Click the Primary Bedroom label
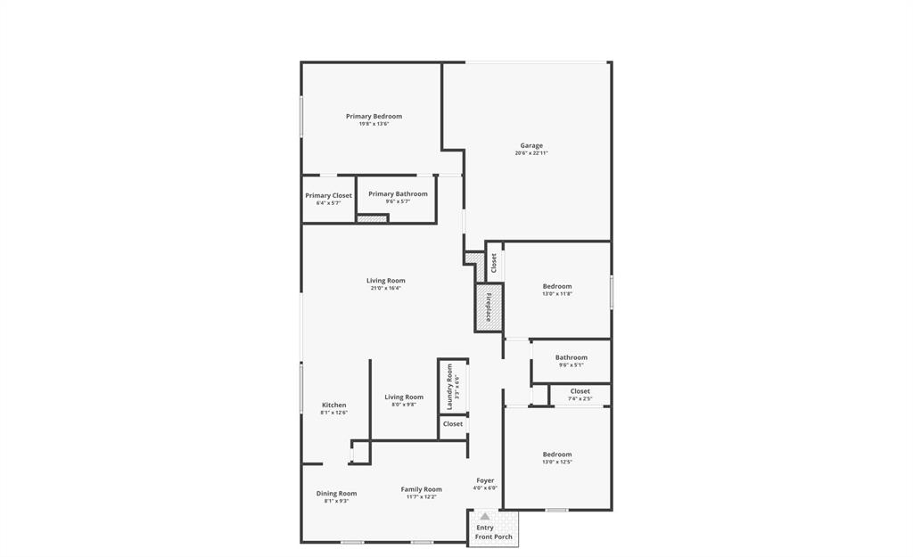pos(374,117)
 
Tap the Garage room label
pos(531,145)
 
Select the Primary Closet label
pos(328,195)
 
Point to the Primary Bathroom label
pos(398,193)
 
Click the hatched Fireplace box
pos(489,307)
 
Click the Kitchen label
pos(333,405)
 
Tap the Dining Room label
pos(336,493)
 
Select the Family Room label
pos(421,489)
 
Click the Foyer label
pos(485,480)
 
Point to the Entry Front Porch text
pos(493,532)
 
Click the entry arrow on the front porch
pos(484,516)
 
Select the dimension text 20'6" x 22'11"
pos(531,153)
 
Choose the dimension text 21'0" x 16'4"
pos(385,288)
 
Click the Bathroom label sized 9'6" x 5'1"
pos(571,357)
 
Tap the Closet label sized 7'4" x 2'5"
pos(580,391)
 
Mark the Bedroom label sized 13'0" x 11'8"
pos(557,286)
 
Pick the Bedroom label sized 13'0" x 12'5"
pos(557,454)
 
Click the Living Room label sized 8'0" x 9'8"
pos(404,397)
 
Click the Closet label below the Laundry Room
pos(453,423)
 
